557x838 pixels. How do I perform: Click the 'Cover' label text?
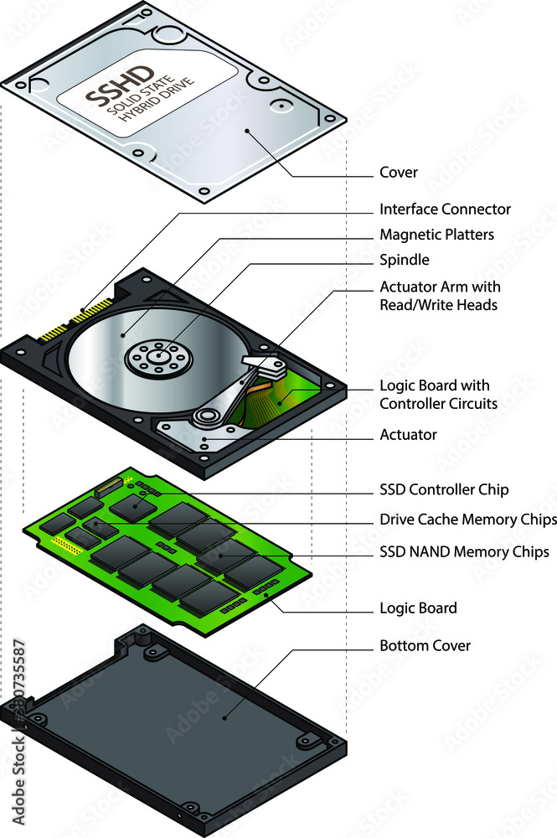tap(398, 173)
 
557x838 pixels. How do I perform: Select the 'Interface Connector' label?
tap(444, 209)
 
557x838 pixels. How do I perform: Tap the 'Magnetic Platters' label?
tap(436, 235)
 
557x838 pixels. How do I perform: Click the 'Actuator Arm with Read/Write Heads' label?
tap(440, 296)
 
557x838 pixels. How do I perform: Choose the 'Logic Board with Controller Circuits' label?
tap(438, 395)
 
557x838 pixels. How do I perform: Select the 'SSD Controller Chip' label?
tap(443, 489)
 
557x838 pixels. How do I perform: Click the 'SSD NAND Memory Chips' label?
tap(464, 551)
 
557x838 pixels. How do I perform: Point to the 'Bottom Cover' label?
tap(425, 645)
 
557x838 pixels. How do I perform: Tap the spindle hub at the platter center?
tap(158, 356)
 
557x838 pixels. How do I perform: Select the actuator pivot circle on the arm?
tap(205, 416)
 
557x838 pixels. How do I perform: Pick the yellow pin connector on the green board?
tap(65, 546)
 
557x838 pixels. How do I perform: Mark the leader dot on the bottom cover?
tap(224, 718)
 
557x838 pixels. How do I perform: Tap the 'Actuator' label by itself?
tap(408, 435)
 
